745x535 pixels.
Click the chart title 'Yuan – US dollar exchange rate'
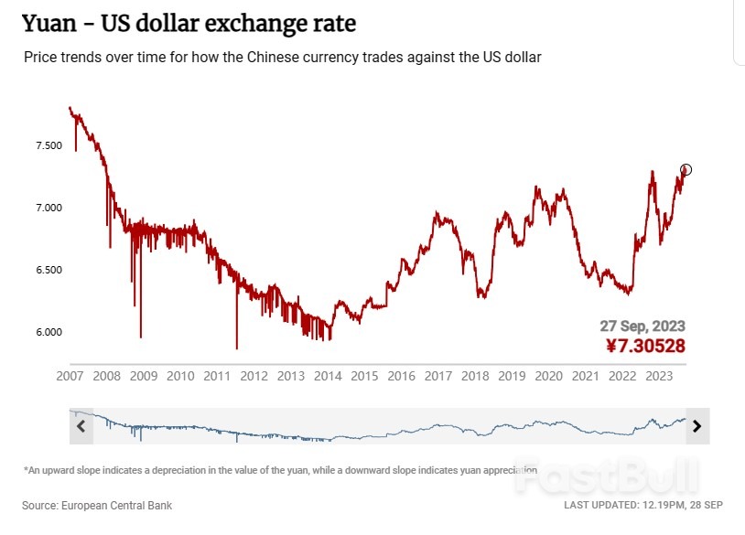pos(189,23)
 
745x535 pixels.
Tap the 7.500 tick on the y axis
pos(48,146)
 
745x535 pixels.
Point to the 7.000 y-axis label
pos(48,209)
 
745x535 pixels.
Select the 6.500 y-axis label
pos(48,271)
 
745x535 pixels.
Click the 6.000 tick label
pos(48,332)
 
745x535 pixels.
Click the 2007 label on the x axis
pos(70,376)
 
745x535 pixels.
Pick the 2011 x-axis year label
pos(217,376)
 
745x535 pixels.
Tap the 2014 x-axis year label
pos(328,376)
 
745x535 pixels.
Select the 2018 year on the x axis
pos(474,376)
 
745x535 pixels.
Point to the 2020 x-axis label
pos(548,376)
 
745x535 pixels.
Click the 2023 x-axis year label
pos(658,376)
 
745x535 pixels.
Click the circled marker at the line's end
pos(686,169)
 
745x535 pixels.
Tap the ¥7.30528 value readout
pos(644,346)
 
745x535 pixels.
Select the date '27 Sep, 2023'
pos(642,326)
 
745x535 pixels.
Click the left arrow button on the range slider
pos(81,425)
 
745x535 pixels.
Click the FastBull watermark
pos(616,475)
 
